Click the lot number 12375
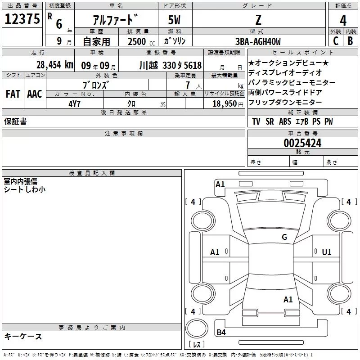click(22, 19)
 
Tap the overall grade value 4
click(343, 20)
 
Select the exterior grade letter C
click(336, 41)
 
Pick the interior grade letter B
click(350, 41)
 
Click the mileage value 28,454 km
click(55, 65)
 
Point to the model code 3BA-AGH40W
click(258, 41)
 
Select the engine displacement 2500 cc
click(141, 41)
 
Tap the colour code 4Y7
click(74, 104)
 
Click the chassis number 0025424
click(302, 143)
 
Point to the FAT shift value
click(13, 94)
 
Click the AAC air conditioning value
click(35, 94)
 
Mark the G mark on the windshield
click(284, 237)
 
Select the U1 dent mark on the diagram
click(327, 252)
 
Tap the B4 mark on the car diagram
click(221, 332)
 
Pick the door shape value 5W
click(174, 20)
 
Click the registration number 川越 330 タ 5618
click(171, 65)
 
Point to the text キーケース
click(23, 337)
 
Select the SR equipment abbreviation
click(270, 121)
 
